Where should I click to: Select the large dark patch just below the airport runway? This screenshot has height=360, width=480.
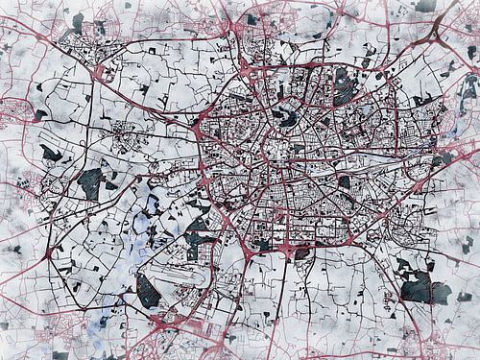coord(148,291)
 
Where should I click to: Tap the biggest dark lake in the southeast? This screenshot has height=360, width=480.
coord(420,287)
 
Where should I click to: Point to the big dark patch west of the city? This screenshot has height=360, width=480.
coord(91,182)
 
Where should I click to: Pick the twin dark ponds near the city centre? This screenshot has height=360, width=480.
coord(286,118)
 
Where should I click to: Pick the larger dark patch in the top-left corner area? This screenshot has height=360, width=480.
coord(78,20)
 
